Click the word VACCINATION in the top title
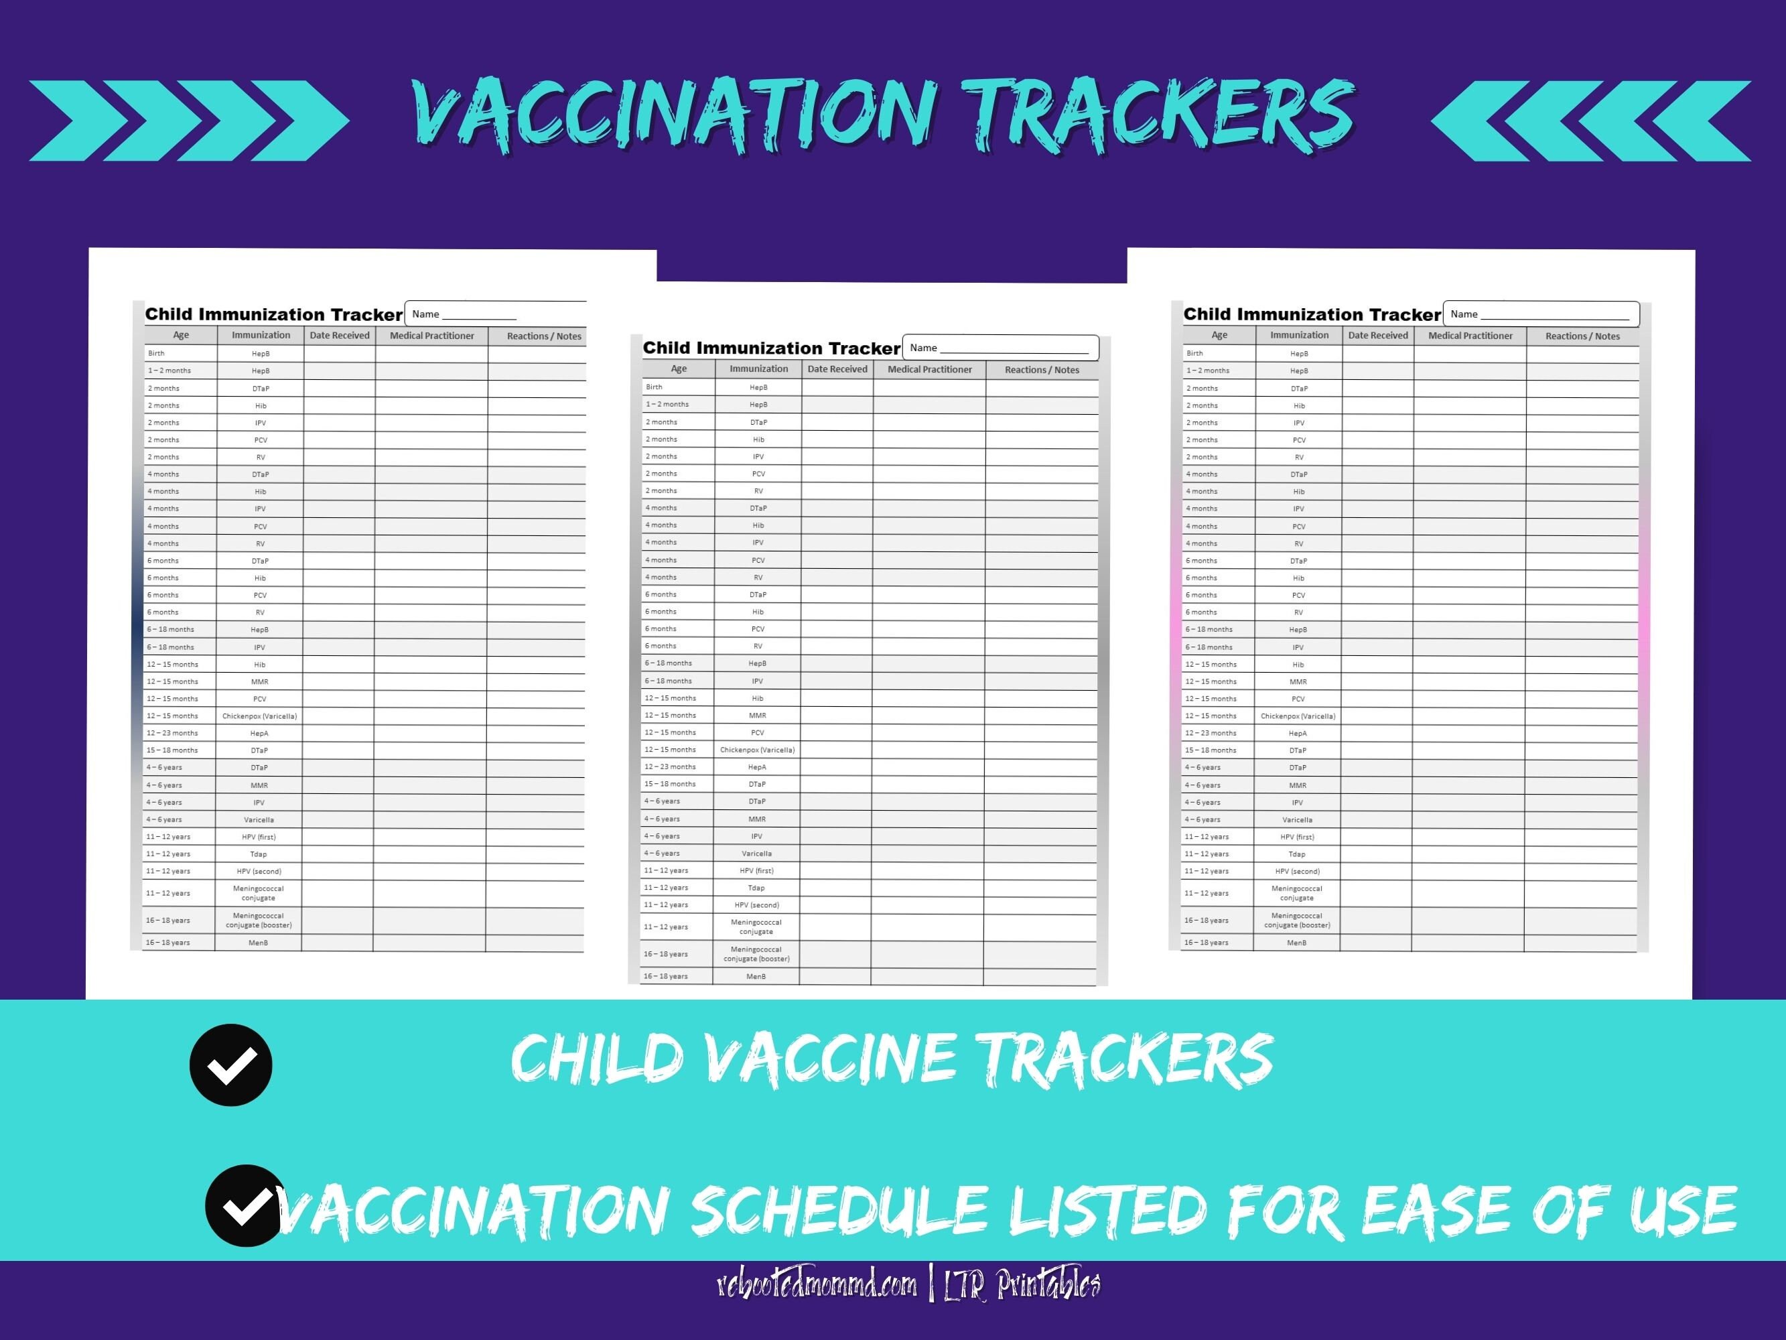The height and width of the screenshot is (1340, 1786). (674, 115)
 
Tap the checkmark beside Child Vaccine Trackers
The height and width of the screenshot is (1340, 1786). (231, 1065)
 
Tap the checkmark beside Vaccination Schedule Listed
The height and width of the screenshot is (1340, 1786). (245, 1205)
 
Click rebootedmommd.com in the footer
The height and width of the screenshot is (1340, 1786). (817, 1285)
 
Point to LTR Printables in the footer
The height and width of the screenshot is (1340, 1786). (1022, 1285)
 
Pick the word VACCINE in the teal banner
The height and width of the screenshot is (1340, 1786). (831, 1058)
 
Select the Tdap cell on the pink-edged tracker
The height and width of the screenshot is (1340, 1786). (1297, 854)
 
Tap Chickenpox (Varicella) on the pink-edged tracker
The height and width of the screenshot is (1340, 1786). (1298, 716)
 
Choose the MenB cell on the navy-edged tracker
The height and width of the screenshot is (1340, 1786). (259, 943)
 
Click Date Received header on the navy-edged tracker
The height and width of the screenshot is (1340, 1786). (339, 335)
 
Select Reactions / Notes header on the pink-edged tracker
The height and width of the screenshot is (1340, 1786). (1582, 336)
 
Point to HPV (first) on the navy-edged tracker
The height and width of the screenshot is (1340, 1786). (259, 837)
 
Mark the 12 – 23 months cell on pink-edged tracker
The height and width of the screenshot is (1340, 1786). (1211, 732)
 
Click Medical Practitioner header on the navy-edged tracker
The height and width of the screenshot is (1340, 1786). (432, 335)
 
